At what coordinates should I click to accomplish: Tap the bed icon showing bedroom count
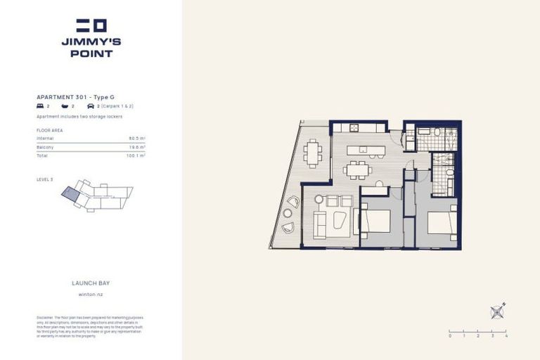pyautogui.click(x=40, y=105)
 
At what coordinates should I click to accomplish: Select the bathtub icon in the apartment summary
pyautogui.click(x=65, y=105)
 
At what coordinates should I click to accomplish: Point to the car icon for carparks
pyautogui.click(x=90, y=105)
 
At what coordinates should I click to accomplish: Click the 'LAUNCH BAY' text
pyautogui.click(x=91, y=283)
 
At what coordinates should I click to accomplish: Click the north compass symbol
pyautogui.click(x=498, y=310)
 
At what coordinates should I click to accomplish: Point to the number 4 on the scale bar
pyautogui.click(x=506, y=336)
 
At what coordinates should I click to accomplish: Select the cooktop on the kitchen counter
pyautogui.click(x=354, y=128)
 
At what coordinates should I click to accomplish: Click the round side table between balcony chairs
pyautogui.click(x=288, y=214)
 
